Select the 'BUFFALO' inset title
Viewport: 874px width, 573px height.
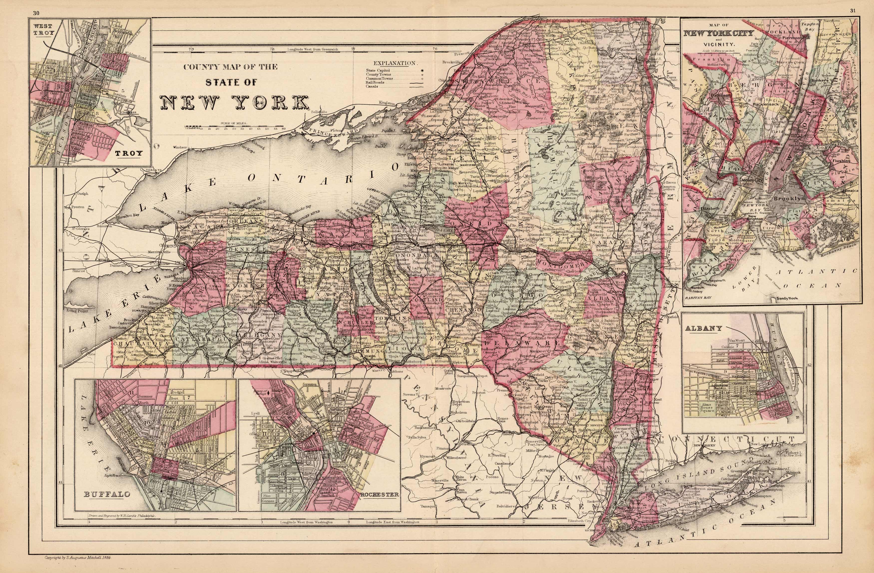click(107, 494)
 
